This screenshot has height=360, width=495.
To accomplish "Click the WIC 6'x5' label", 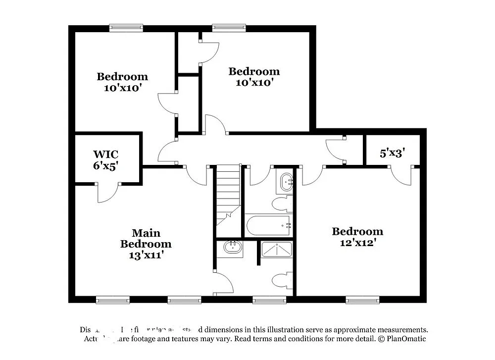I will tap(105, 160).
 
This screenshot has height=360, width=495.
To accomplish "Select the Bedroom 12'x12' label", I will tap(357, 237).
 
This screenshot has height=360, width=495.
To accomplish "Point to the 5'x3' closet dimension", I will tap(392, 153).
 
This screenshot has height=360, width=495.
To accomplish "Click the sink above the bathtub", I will tap(286, 182).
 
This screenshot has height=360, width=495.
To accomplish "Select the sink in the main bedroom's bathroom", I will tap(232, 247).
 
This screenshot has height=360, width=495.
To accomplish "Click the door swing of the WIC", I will tap(108, 193).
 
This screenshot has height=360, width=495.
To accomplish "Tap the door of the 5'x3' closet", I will tap(400, 176).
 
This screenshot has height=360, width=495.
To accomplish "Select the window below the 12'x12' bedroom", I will tap(362, 299).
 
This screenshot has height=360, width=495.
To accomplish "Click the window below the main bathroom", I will tap(269, 299).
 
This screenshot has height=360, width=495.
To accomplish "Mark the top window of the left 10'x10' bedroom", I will tap(126, 28).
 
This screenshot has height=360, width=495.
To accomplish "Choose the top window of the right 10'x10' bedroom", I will tap(229, 28).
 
